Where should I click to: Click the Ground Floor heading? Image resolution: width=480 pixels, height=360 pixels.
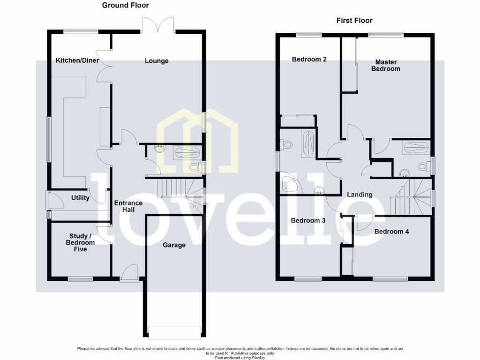(126, 6)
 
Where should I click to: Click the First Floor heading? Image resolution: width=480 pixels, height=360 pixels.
(354, 21)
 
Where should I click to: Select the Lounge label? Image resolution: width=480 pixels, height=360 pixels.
(157, 61)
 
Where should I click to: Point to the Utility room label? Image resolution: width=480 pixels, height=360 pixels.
(80, 198)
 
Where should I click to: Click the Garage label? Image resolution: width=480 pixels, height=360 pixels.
(174, 245)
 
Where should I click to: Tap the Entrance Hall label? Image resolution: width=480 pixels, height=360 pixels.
(128, 206)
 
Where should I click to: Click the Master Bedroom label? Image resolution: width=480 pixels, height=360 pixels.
(386, 65)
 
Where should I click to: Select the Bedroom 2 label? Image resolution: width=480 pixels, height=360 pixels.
(309, 59)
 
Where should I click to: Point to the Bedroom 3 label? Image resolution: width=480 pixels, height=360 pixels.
(308, 220)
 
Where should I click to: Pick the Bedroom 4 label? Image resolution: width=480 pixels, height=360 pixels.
(391, 231)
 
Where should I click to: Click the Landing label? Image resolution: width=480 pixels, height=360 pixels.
(360, 195)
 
